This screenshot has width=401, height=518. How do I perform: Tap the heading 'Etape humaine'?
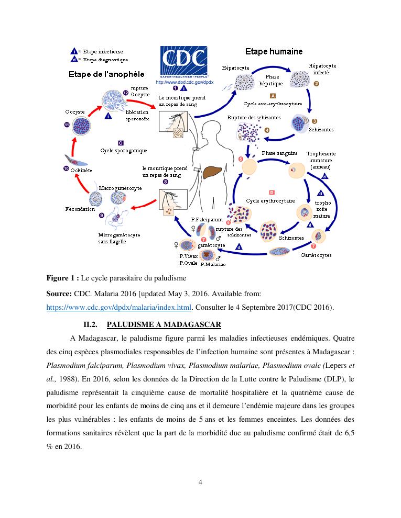(274, 51)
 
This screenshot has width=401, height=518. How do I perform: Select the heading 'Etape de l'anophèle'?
(106, 74)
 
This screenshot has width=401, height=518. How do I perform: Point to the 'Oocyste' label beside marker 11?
(74, 112)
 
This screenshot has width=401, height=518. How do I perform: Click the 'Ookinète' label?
(81, 170)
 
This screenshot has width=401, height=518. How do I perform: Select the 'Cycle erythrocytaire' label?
(270, 200)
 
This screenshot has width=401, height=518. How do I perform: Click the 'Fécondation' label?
(80, 209)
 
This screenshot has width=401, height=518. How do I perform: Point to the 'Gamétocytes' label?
(316, 255)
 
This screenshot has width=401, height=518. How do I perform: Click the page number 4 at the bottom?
(200, 482)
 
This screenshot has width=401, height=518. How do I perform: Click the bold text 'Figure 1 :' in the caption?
(63, 277)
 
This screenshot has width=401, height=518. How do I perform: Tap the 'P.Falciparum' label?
(207, 219)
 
